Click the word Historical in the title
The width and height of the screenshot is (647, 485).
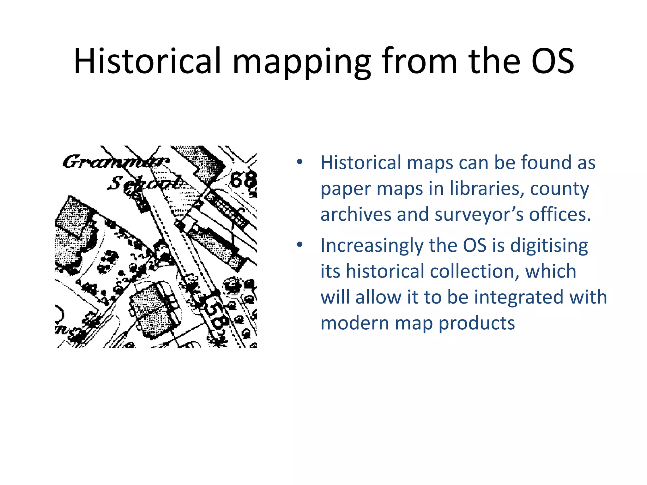click(x=147, y=61)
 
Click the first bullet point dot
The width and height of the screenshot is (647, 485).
click(x=299, y=162)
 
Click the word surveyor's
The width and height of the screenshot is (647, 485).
click(x=479, y=215)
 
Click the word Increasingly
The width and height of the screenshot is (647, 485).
click(x=372, y=246)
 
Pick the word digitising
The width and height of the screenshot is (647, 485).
click(x=549, y=246)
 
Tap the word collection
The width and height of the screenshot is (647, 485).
click(x=474, y=271)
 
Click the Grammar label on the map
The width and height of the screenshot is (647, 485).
click(x=116, y=162)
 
